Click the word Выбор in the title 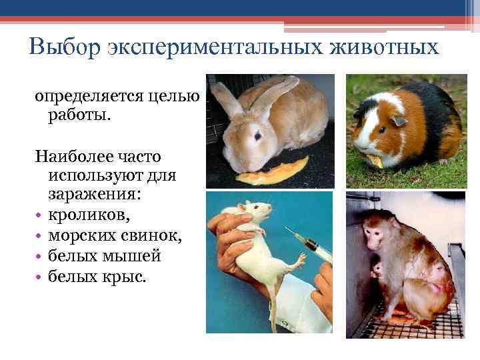click(x=61, y=48)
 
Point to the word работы click(x=79, y=116)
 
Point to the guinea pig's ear click(x=399, y=121)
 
